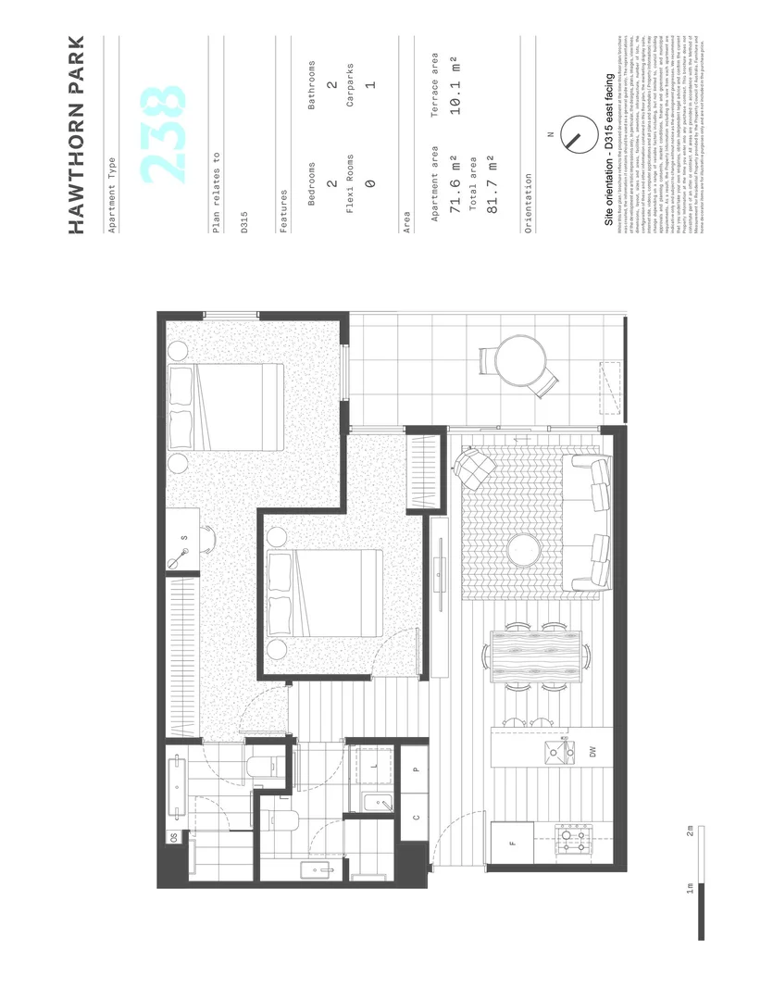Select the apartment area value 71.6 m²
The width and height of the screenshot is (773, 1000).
point(455,186)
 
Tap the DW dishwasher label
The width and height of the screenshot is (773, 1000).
point(593,752)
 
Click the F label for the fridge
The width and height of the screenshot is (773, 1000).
point(512,843)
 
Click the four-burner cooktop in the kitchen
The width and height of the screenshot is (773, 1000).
point(571,843)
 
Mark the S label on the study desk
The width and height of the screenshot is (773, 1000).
point(184,537)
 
